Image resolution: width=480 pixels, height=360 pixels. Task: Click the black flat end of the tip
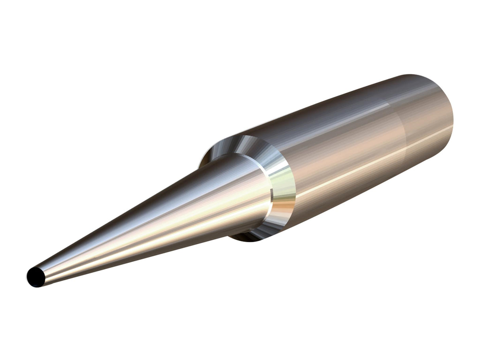click(x=35, y=277)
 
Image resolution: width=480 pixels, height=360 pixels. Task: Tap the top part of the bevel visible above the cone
click(x=241, y=145)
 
